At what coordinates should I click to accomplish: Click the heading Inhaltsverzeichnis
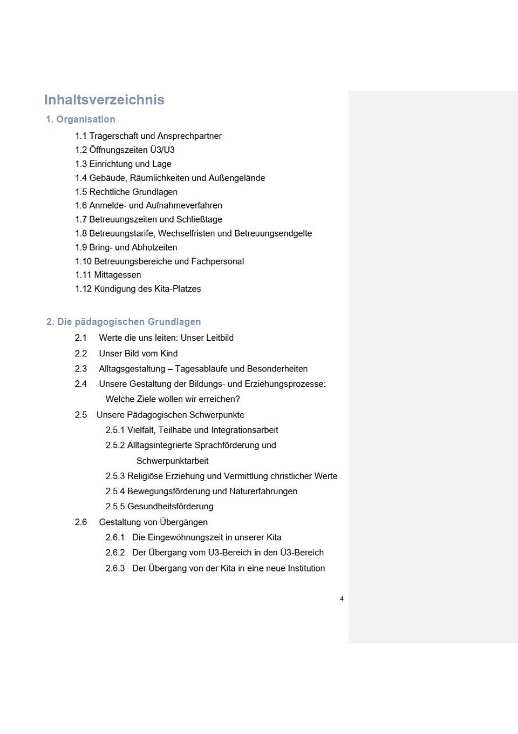coord(104,100)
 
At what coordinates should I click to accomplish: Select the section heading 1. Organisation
coord(80,119)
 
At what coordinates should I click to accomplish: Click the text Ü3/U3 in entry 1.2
coord(162,150)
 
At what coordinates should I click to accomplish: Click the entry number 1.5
coord(81,192)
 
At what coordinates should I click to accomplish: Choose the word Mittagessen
coord(118,275)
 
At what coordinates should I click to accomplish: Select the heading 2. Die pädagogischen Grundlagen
coord(124,322)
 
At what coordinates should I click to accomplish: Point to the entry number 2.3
coord(81,369)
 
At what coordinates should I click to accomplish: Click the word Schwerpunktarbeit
coord(172,461)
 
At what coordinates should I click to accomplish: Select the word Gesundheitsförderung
coord(170,507)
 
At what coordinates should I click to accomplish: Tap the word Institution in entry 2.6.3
coord(306,569)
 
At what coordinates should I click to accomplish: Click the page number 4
coord(342,599)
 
